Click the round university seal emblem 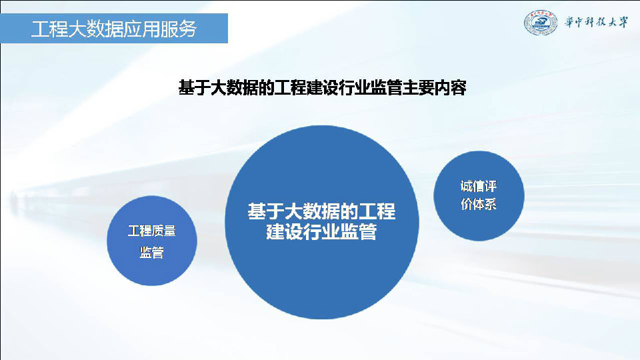(x=541, y=23)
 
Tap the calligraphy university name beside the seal (x=596, y=22)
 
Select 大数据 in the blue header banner (x=95, y=29)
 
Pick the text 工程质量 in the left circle (x=152, y=231)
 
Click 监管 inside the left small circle (x=152, y=253)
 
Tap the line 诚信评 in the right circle (x=479, y=186)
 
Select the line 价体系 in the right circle (x=479, y=204)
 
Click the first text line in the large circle (x=321, y=211)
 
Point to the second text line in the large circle (x=321, y=232)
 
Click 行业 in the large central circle (x=321, y=232)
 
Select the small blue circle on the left (x=152, y=241)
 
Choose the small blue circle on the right (x=479, y=196)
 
